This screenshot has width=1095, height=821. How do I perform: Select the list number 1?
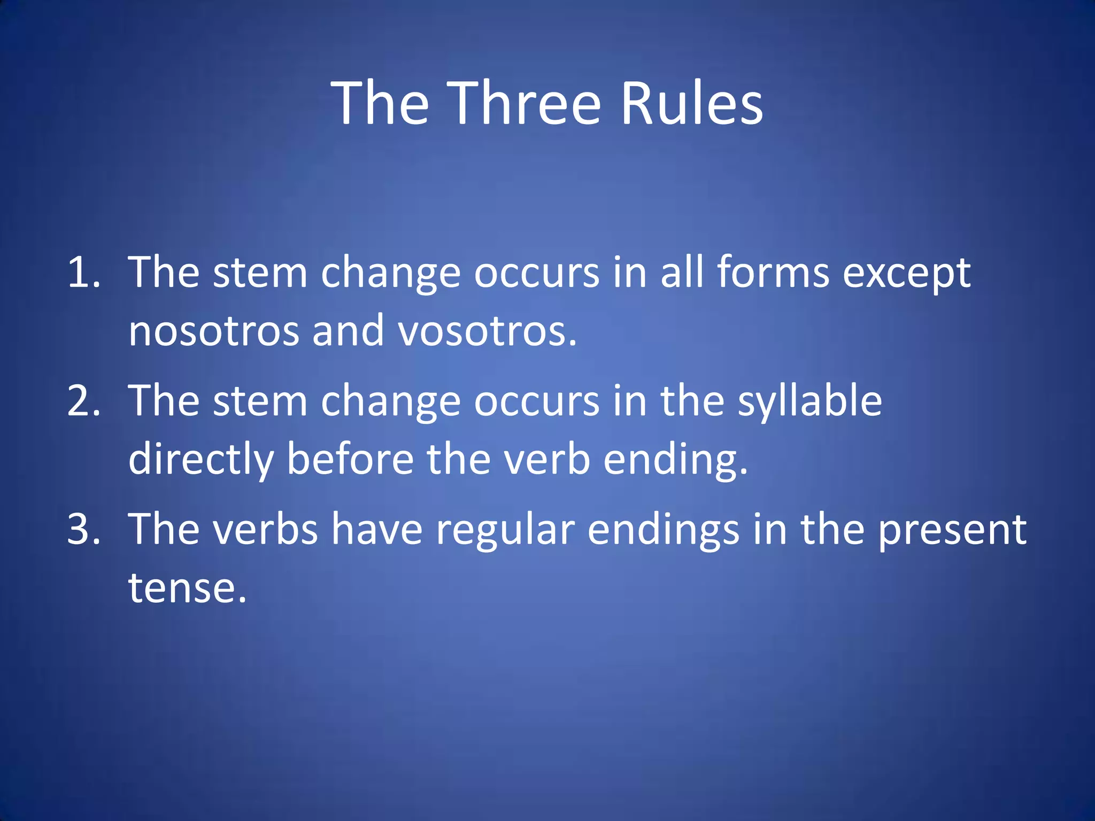(x=83, y=273)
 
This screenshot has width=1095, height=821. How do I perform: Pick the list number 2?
(x=83, y=401)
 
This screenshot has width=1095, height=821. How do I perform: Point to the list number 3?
(x=83, y=529)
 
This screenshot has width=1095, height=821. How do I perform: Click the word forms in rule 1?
(x=773, y=273)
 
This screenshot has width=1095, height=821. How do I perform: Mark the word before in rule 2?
(x=350, y=459)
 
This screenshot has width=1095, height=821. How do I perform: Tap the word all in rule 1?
(x=681, y=273)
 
